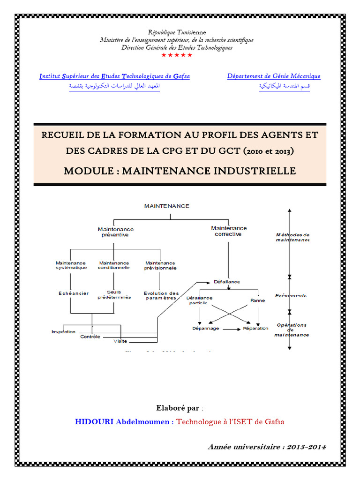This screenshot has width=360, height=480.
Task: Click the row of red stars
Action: pos(177,55)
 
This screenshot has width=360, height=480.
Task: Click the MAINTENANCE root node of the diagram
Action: pos(167,206)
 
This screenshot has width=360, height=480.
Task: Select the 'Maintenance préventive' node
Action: pos(115,232)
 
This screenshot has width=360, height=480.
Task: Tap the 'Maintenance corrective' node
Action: pos(228,231)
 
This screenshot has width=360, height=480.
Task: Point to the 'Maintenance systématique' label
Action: pos(71,265)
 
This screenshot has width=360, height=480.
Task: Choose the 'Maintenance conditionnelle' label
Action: pos(114,265)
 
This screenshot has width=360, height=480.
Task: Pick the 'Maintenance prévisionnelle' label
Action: pos(160,265)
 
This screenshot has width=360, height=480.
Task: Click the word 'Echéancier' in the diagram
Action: pos(74,293)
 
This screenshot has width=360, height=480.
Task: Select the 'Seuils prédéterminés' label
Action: pos(114,294)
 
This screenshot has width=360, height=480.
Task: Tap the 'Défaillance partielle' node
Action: pos(199,300)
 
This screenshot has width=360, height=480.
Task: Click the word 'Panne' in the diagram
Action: pos(257,300)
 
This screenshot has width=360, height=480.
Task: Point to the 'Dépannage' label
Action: pos(205,329)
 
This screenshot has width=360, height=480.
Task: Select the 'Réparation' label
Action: pos(255,329)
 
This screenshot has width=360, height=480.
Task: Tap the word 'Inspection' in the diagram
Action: pos(63,332)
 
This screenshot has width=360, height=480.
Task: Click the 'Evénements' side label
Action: pos(291,296)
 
